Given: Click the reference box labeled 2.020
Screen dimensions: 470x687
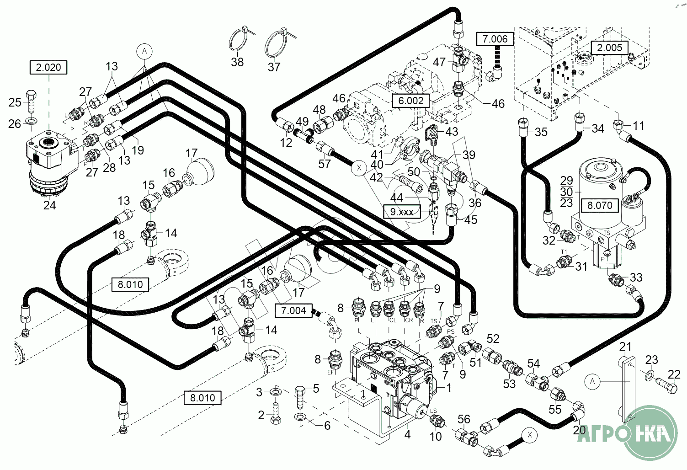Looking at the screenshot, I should coord(48,67).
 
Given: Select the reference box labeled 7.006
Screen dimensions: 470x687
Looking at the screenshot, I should coord(495,39).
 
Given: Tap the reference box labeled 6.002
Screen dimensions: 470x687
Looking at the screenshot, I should coord(411,101).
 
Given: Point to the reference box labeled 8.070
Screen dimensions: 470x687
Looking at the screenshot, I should coord(600,205).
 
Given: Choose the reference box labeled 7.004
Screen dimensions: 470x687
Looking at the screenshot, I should coord(293,311).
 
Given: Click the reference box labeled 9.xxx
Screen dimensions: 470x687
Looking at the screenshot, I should coord(402,212).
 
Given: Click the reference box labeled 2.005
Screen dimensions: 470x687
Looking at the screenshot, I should coord(609,48).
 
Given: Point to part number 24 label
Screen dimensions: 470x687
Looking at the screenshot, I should coord(49,205).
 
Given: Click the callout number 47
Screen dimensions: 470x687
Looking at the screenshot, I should coord(439,62).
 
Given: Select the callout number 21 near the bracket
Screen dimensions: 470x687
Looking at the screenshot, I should coord(625,347).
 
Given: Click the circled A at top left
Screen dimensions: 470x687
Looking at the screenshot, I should coord(144,51).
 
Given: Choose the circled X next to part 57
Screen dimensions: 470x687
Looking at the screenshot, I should coord(359,168).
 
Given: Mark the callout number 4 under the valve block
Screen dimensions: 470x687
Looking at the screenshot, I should coord(407,434).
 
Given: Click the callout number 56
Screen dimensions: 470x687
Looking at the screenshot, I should coord(463,419).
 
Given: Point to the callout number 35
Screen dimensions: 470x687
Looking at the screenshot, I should coord(541,132).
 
